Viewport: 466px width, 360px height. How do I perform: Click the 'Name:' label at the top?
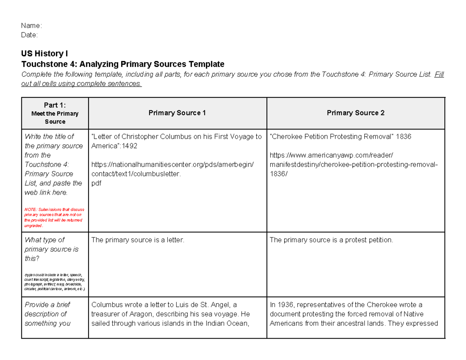[x=31, y=26]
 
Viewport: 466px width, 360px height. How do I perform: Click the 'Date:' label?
[x=30, y=35]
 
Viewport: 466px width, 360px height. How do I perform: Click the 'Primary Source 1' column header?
[x=177, y=113]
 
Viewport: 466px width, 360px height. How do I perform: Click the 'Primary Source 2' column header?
[x=355, y=113]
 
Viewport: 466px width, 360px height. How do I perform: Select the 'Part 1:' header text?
[x=55, y=105]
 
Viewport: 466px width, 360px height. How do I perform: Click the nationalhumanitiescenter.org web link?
[x=172, y=165]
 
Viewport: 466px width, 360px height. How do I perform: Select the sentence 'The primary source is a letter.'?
[x=137, y=240]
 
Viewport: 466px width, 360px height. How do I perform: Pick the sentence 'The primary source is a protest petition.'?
[x=331, y=240]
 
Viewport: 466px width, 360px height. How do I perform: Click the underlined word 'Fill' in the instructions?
[x=438, y=75]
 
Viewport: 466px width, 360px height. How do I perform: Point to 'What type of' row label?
[x=44, y=240]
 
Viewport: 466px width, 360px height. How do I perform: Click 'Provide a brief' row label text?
[x=47, y=305]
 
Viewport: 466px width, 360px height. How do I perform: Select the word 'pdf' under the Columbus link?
[x=96, y=183]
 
